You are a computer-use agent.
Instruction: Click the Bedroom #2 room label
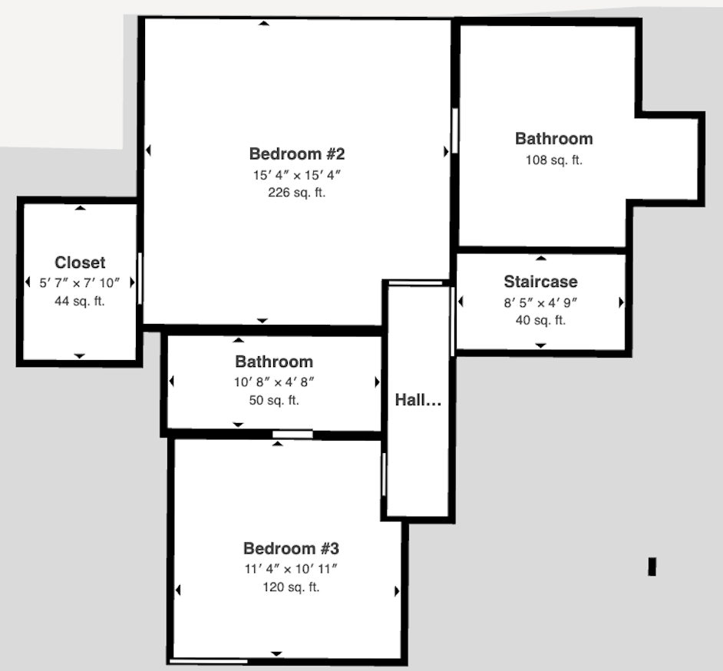coord(297,154)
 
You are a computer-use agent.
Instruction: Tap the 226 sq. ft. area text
coord(297,192)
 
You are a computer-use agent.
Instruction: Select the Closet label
coord(80,263)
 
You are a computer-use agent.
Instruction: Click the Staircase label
coord(540,281)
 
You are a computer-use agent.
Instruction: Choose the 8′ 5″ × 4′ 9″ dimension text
coord(540,303)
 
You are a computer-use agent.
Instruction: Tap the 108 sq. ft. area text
coord(554,160)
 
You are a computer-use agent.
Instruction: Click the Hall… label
coord(418,400)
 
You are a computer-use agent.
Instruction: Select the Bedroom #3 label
coord(291,548)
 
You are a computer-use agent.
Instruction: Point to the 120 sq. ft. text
coord(291,587)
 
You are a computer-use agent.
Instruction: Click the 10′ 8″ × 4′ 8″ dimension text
coord(274,382)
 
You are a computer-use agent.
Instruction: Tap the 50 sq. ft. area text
coord(274,400)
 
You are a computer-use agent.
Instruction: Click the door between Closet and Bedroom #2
coord(140,279)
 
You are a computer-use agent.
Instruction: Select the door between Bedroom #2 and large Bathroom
coord(455,131)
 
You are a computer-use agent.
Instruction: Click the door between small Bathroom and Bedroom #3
coord(292,435)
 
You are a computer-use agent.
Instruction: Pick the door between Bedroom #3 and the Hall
coord(384,474)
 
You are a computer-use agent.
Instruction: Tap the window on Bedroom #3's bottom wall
coord(209,661)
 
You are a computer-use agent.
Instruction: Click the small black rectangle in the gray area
coord(652,567)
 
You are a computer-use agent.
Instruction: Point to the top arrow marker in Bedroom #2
coord(264,23)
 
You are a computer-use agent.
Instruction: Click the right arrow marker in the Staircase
coord(621,302)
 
